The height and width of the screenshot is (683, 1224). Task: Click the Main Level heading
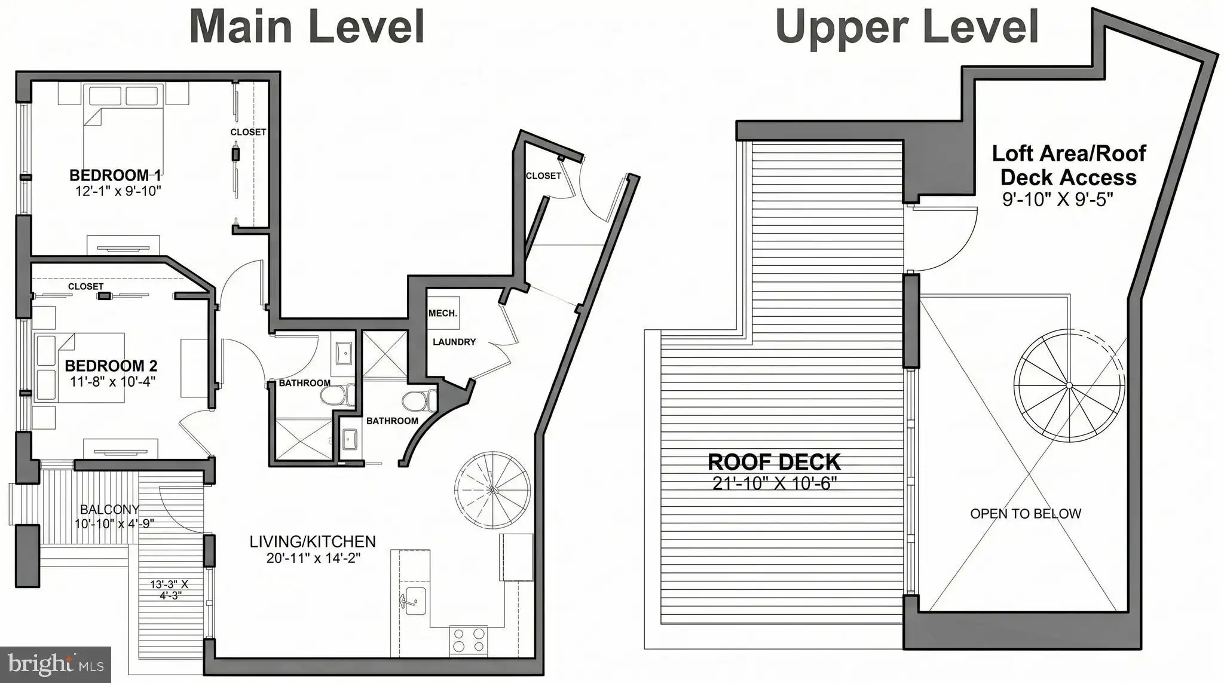307,26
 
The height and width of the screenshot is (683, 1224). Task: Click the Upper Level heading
907,27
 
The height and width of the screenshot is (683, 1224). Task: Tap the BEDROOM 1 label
115,176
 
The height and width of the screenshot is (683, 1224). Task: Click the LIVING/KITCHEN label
313,542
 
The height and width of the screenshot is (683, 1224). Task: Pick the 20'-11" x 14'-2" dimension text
313,558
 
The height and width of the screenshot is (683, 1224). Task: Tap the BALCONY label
110,509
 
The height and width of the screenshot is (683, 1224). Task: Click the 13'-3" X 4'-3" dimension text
170,590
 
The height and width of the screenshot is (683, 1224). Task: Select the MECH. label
443,313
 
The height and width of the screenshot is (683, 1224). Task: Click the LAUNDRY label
454,342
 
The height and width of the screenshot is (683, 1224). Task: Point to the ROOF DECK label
774,462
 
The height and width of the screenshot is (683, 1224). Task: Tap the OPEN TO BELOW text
1026,513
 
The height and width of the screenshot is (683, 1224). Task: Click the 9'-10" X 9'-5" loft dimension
1058,199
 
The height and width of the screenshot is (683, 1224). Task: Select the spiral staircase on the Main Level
493,489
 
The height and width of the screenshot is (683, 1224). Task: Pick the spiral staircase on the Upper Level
1069,385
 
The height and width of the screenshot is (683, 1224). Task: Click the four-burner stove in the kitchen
468,641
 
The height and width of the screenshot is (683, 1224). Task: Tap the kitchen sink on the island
412,599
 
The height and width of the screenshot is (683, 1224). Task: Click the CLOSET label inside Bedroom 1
248,132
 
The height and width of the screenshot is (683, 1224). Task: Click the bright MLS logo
56,664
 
